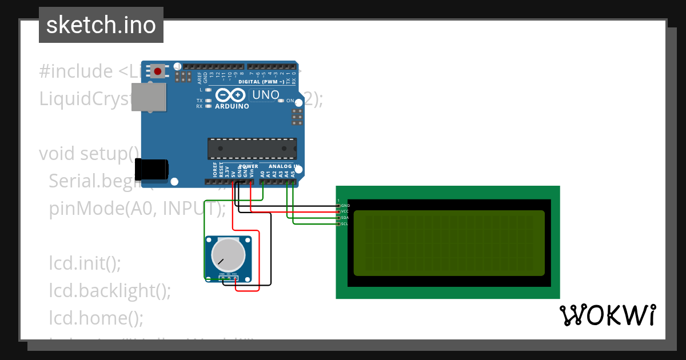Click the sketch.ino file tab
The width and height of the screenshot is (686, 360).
pyautogui.click(x=101, y=25)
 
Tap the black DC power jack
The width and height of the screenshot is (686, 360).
pyautogui.click(x=151, y=169)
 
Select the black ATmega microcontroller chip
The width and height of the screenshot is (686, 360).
pyautogui.click(x=252, y=148)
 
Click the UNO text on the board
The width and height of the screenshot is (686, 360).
pyautogui.click(x=266, y=95)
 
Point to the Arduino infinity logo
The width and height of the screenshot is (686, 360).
pyautogui.click(x=232, y=96)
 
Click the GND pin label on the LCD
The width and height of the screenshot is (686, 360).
pyautogui.click(x=345, y=205)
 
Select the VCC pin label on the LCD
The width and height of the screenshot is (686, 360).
pyautogui.click(x=345, y=211)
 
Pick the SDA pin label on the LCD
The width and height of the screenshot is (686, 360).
pyautogui.click(x=345, y=218)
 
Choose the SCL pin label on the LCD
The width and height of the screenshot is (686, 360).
pyautogui.click(x=345, y=224)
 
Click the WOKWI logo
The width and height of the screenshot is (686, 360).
pyautogui.click(x=608, y=315)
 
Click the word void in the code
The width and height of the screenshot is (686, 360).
pyautogui.click(x=57, y=154)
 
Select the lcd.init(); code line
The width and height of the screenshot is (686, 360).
pyautogui.click(x=85, y=263)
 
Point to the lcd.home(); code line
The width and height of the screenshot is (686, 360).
pyautogui.click(x=96, y=317)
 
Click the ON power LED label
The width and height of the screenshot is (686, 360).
pyautogui.click(x=290, y=101)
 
